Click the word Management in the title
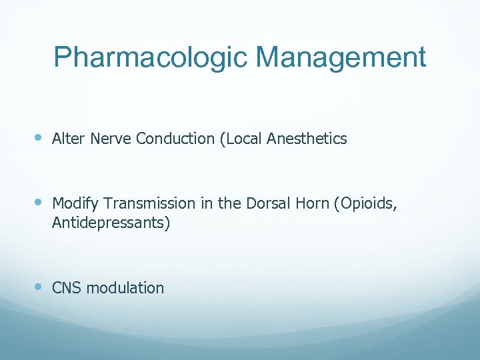pyautogui.click(x=338, y=58)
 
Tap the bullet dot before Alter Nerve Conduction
pyautogui.click(x=39, y=138)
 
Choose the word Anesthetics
pyautogui.click(x=307, y=139)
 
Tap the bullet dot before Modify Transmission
pyautogui.click(x=39, y=201)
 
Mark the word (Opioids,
pyautogui.click(x=366, y=203)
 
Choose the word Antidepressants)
pyautogui.click(x=111, y=223)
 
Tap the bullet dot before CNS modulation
pyautogui.click(x=39, y=287)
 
